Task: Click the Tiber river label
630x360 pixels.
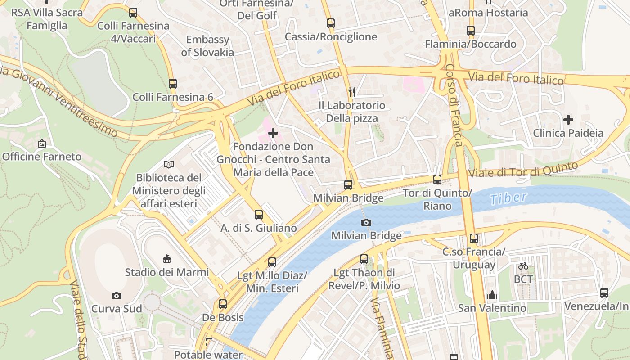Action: [508, 198]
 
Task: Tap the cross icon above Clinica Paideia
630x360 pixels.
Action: [568, 120]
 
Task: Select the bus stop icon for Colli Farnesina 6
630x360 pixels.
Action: [173, 83]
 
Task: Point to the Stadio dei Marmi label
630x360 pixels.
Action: [166, 272]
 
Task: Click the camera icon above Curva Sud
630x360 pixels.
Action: [117, 296]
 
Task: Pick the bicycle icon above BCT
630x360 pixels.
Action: [523, 266]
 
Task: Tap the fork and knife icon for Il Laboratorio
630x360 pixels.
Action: [352, 92]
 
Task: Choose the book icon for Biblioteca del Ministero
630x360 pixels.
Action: [169, 165]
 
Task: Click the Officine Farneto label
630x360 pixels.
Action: [42, 157]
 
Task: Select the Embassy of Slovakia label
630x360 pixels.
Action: [207, 46]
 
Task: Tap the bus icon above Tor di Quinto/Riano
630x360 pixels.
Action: [437, 180]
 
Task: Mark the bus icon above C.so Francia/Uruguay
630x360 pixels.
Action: [473, 238]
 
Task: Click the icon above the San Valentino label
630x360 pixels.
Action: [492, 295]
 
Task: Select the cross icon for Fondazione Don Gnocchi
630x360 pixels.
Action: [273, 133]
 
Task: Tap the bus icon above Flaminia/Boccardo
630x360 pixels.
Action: [471, 31]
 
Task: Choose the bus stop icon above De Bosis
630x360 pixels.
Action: [223, 304]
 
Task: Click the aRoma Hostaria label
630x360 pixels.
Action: [488, 13]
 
